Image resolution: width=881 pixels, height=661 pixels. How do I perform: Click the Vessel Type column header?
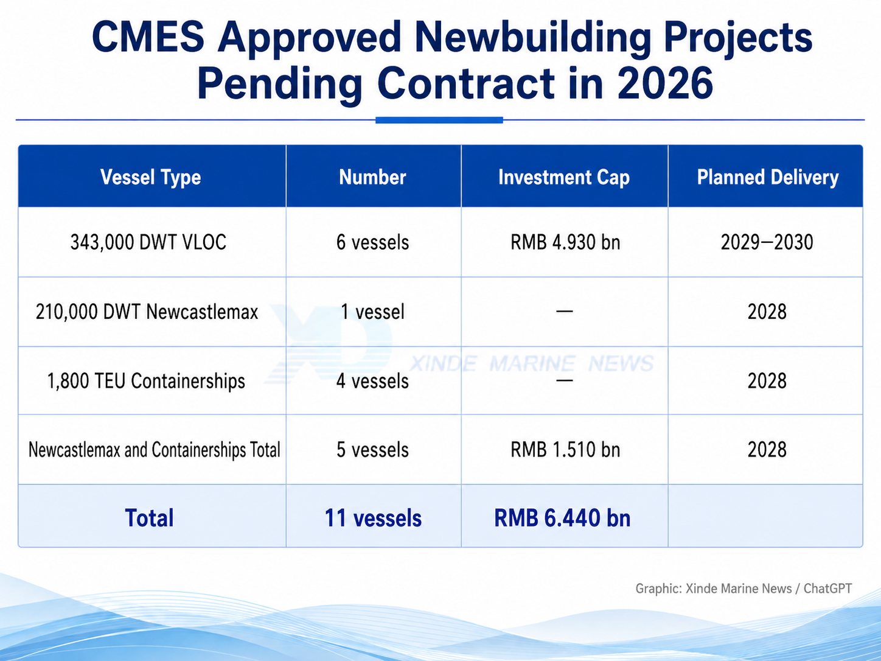(150, 177)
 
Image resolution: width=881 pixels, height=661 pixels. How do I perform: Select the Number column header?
(372, 177)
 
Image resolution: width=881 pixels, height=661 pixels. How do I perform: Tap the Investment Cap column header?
(564, 177)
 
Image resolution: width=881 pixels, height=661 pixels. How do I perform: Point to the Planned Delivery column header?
(767, 177)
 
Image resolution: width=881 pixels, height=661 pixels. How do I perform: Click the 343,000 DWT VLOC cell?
(148, 242)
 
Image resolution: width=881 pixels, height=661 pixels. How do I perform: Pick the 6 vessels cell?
(372, 242)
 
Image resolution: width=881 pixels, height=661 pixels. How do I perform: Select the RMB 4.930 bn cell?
(565, 242)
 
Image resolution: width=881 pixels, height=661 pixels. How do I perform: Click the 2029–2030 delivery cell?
(767, 242)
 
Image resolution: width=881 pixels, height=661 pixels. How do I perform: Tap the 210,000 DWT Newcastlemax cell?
(147, 312)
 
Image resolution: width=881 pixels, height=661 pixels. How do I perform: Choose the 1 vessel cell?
(372, 312)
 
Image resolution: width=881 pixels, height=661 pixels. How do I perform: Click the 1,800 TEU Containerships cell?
(146, 381)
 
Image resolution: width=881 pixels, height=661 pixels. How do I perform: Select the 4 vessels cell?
(372, 381)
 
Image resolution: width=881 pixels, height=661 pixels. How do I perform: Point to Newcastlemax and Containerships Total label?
(154, 450)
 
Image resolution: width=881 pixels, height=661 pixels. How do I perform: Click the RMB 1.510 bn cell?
(565, 450)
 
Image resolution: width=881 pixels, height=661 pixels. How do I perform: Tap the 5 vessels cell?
(372, 450)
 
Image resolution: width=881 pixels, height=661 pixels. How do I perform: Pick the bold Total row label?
(149, 518)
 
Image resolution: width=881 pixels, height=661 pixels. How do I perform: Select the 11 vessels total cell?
(373, 518)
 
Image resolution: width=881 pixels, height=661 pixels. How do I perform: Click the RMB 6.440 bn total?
(562, 518)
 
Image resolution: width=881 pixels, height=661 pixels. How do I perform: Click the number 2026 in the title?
(665, 83)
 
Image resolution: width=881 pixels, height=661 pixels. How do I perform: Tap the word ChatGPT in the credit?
(827, 589)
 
